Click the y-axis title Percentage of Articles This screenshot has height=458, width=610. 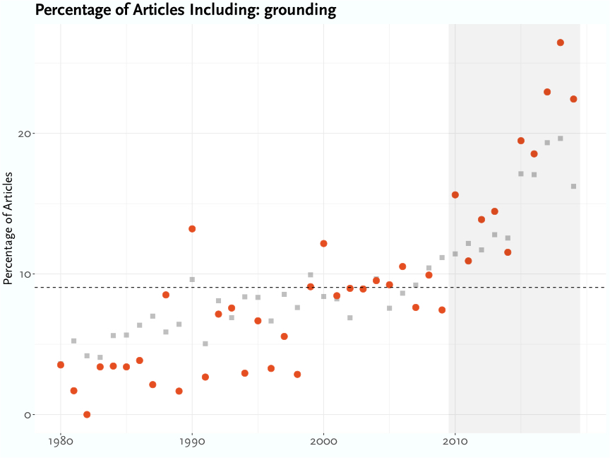tap(8, 228)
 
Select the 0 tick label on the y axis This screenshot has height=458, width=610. tap(27, 415)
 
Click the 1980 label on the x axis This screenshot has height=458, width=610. tap(61, 442)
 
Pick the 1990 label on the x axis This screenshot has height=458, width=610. tap(192, 442)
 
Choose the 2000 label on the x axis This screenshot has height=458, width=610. tap(323, 442)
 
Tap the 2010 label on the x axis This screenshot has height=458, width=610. tap(455, 442)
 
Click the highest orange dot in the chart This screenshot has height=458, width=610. tap(560, 42)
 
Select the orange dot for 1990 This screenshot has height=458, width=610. tap(192, 229)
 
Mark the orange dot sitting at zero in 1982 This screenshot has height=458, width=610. tap(87, 414)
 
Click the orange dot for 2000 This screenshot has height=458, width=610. tap(323, 243)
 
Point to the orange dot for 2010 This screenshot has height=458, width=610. tap(455, 194)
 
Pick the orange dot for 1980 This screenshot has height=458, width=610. tap(61, 365)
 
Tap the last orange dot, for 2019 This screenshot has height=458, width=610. tap(573, 99)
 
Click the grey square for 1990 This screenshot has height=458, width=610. tap(192, 279)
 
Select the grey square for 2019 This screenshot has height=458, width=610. tap(573, 187)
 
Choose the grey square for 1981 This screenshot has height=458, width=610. tap(73, 341)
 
